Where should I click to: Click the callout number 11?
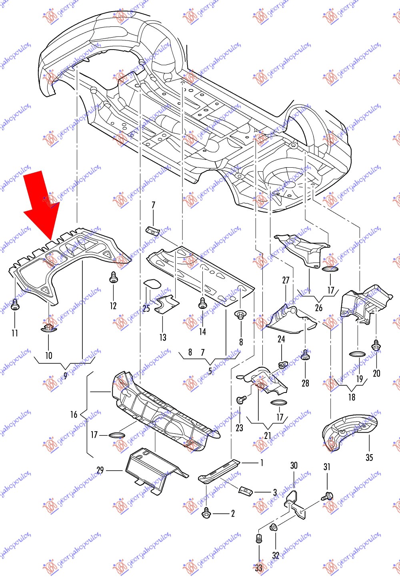15,333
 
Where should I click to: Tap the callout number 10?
48,355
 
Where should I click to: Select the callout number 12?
113,306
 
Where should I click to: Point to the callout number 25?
146,309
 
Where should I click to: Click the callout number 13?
163,337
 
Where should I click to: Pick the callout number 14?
202,331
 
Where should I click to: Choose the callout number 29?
100,470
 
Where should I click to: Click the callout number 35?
369,457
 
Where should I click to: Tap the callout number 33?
258,567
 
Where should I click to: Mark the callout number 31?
327,467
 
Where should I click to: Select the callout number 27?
286,280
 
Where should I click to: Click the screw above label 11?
15,305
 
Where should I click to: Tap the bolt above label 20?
376,345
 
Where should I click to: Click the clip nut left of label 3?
245,490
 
